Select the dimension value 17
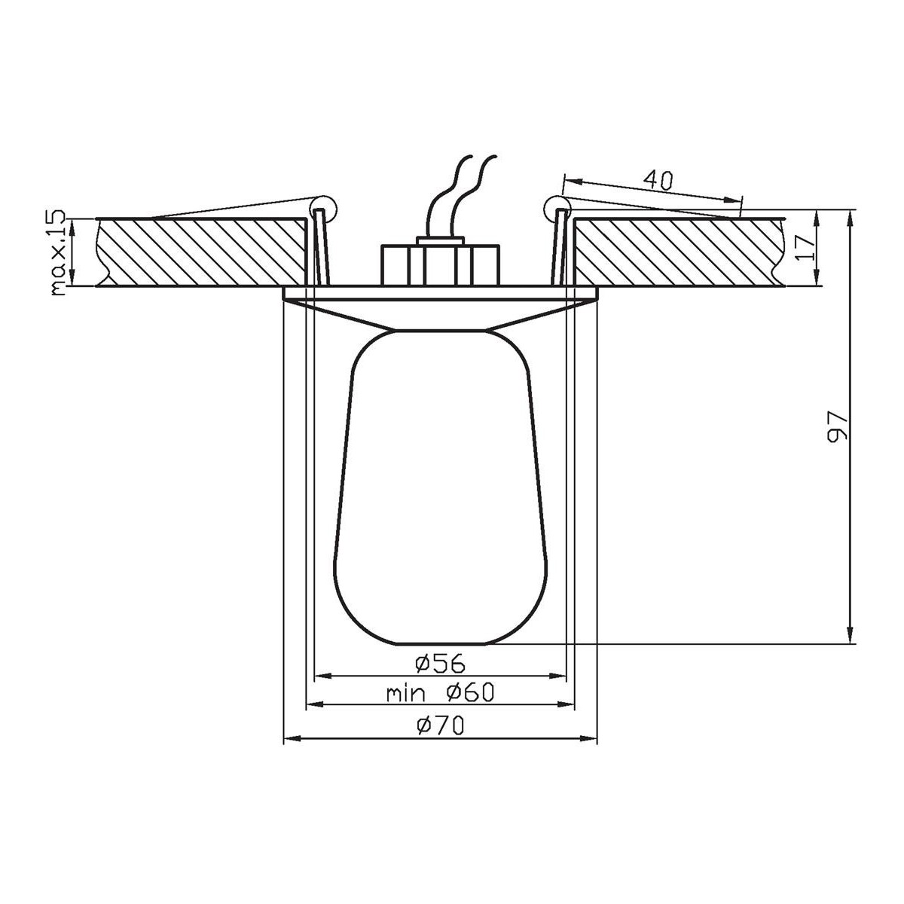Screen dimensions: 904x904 [804, 246]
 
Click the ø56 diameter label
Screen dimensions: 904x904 [440, 663]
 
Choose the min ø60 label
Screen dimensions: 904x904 [440, 692]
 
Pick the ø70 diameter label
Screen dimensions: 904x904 [440, 725]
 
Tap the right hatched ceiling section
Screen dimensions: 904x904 [678, 252]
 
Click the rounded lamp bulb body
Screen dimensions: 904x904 [440, 490]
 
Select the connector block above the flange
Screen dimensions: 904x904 [440, 264]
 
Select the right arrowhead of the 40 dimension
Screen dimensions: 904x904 [737, 200]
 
